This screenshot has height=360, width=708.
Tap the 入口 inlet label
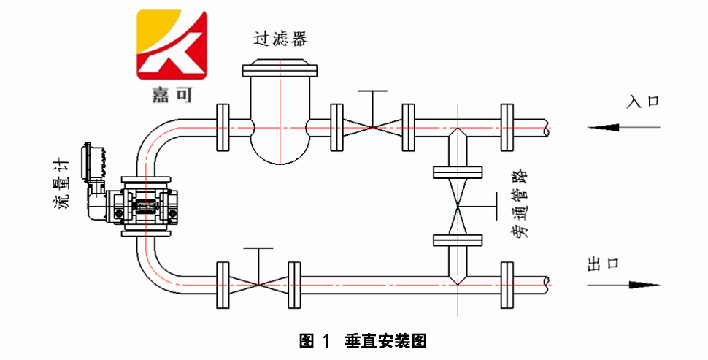[x=643, y=101]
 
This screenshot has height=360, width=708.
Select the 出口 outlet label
[x=603, y=264]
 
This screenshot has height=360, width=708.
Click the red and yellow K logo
[x=172, y=45]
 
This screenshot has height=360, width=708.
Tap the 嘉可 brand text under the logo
[x=172, y=95]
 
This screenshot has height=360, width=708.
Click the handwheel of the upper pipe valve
[x=373, y=92]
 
